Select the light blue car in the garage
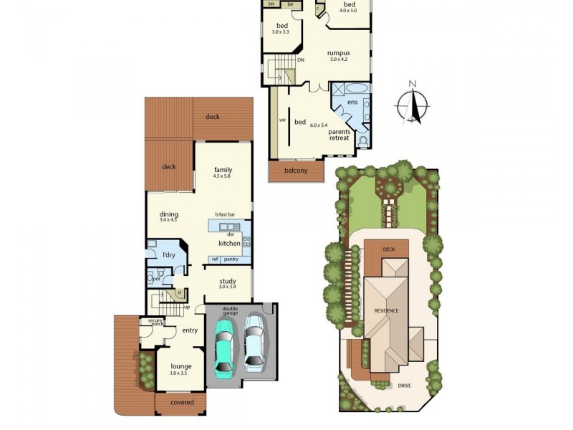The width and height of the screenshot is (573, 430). [254, 344]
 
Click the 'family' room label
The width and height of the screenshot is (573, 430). [223, 170]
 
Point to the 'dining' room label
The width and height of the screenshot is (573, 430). [169, 214]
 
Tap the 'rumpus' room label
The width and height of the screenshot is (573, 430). [338, 53]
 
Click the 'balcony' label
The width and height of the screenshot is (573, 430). [295, 171]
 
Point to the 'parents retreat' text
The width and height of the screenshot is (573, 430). [339, 135]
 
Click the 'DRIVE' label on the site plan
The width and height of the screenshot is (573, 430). [405, 385]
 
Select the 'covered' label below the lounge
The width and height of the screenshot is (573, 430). [181, 403]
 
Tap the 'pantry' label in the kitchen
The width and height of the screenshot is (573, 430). [231, 259]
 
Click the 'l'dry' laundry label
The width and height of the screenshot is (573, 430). [169, 255]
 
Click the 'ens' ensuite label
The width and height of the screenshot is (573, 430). [352, 103]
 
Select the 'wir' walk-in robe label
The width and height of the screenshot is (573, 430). [282, 120]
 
